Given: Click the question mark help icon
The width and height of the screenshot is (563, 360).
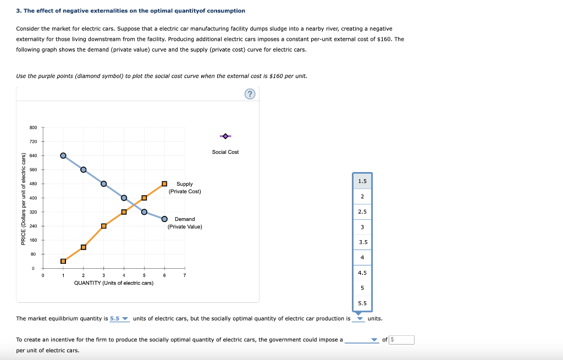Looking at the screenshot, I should [x=250, y=95].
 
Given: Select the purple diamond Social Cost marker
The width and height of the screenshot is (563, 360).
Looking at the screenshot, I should [x=225, y=136].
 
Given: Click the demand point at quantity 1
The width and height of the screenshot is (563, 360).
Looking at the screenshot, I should [x=63, y=156].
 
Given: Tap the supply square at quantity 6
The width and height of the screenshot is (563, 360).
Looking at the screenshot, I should [x=164, y=184].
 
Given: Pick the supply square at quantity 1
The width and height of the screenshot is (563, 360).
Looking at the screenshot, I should [x=63, y=261].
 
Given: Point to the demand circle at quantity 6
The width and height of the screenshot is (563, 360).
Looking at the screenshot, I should [x=164, y=218].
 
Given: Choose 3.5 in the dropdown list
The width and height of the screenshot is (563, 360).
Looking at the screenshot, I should [x=363, y=242].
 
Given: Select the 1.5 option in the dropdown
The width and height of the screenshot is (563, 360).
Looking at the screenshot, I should [x=363, y=181].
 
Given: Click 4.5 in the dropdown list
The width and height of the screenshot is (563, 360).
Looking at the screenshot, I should [x=363, y=273].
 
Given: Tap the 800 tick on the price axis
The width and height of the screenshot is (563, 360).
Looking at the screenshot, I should [x=32, y=128].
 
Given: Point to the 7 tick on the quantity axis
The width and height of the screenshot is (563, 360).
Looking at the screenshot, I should [x=185, y=275].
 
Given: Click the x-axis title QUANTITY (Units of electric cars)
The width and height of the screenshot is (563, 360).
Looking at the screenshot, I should [x=114, y=283].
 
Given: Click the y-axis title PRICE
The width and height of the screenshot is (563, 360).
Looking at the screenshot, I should [x=23, y=198].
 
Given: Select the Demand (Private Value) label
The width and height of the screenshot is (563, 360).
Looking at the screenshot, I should [x=185, y=223].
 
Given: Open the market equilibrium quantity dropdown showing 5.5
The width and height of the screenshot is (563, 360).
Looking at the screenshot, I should [x=119, y=319].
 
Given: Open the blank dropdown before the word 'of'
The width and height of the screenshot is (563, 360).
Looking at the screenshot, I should [x=362, y=340].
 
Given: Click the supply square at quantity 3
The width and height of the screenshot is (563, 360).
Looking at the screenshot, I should [x=103, y=226].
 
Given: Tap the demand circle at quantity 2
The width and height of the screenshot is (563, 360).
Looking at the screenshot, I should [x=84, y=169].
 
